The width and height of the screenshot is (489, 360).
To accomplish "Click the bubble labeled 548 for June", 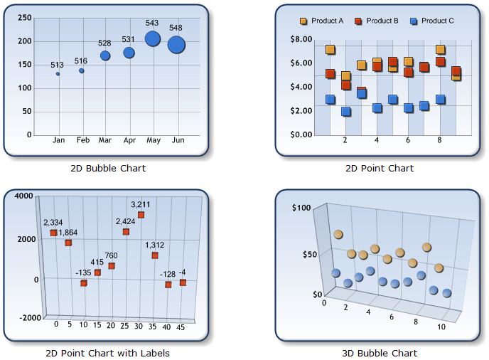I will pos(176,45).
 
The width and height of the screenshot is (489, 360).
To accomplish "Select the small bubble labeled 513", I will pos(58,74).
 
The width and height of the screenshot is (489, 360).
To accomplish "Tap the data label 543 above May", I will pos(152,23).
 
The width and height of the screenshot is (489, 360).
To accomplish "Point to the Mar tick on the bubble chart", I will pos(105,140).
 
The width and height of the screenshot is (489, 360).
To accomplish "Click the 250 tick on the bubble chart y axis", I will pos(24,18).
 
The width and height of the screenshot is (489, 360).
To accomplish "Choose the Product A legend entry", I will pos(322,21).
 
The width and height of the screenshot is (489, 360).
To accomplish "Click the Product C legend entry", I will pos(432,21).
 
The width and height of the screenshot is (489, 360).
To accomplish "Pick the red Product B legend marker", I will pos(359,21).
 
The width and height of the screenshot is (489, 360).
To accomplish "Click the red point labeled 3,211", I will pos(141,215).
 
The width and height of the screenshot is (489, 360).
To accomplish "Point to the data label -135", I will pos(83,272).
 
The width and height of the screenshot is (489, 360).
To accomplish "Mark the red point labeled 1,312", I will pos(154,255).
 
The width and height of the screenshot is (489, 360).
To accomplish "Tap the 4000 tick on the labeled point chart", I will pos(23,196).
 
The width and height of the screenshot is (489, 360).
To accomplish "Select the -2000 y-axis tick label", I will pos(21,317).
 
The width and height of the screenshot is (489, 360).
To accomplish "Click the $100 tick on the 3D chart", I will pos(301,208).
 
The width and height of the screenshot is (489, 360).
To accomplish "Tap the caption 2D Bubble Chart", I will pos(108,169).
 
